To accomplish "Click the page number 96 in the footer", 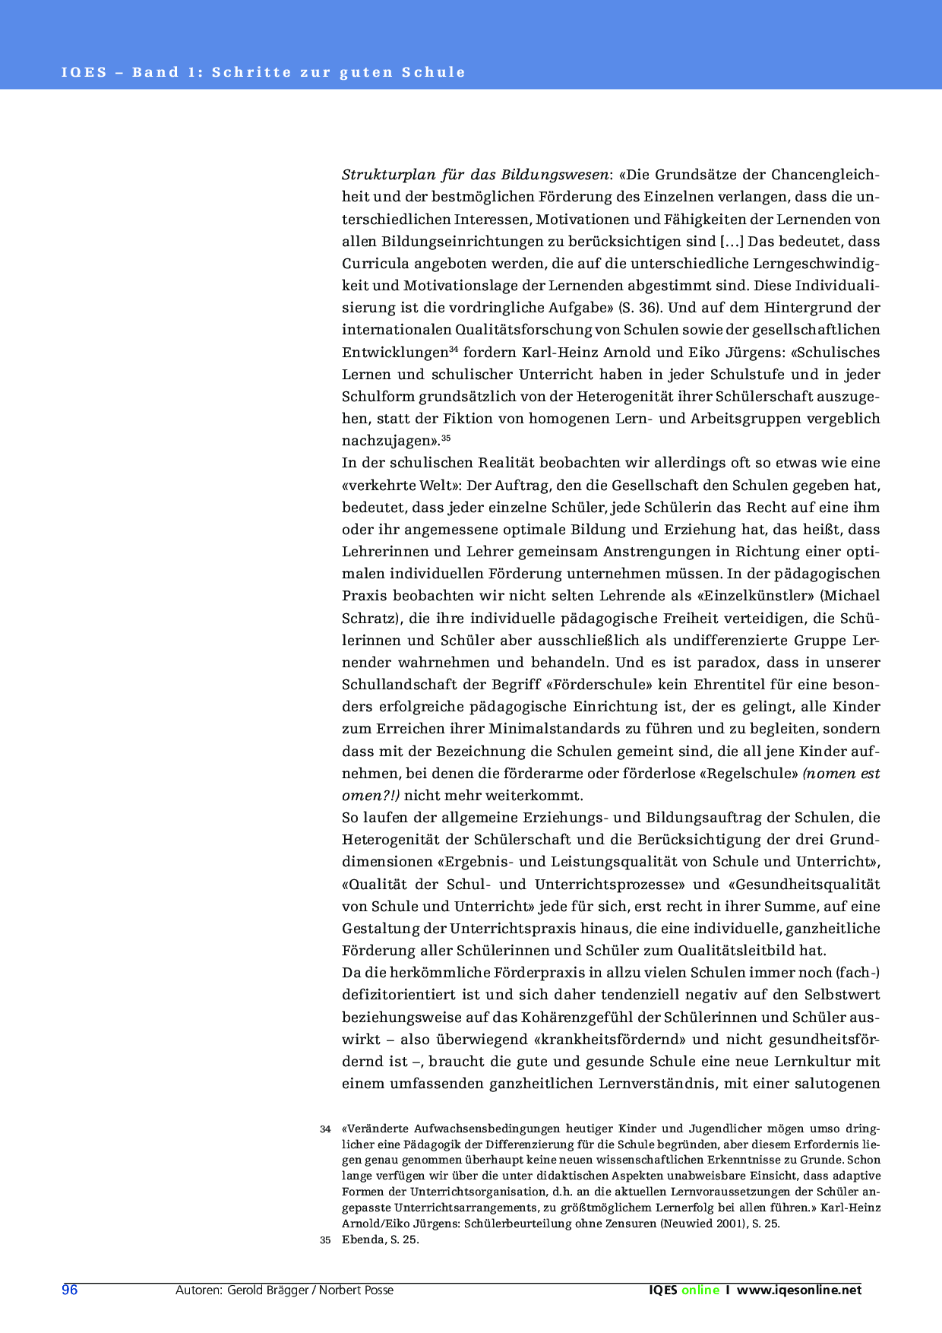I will tap(70, 1290).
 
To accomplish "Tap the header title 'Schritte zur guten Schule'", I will tap(339, 73).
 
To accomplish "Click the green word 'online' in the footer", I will tap(700, 1290).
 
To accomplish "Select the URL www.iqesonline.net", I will tap(799, 1290).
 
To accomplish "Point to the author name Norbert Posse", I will tap(356, 1290).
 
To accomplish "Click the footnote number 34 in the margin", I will tap(325, 1129).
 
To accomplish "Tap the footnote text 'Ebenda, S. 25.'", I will tap(381, 1240).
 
